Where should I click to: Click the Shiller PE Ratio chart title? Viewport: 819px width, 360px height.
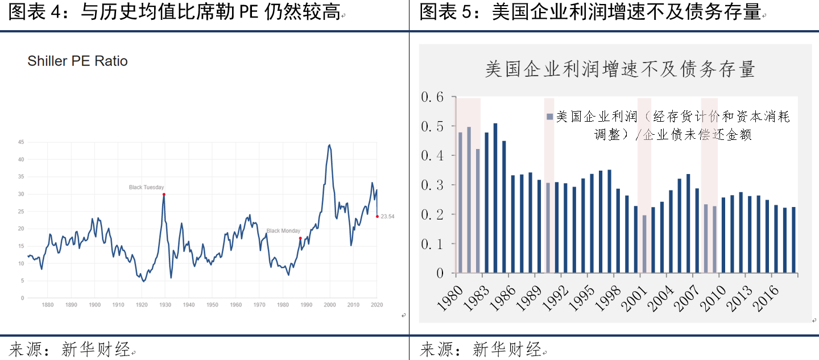coord(77,61)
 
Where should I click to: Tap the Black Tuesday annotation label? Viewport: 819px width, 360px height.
coord(146,187)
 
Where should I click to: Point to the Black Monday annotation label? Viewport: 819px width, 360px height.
coord(283,231)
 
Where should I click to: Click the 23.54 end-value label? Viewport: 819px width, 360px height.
coord(387,216)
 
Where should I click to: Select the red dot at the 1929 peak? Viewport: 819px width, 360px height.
coord(164,195)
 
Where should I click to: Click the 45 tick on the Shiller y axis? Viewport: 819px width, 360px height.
coord(22,142)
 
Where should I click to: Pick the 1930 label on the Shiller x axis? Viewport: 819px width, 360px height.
coord(165,305)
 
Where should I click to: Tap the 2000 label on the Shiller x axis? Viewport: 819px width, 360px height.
coord(329,305)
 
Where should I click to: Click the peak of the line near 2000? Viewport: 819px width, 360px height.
coord(329,145)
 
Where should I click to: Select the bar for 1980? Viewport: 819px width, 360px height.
coord(460,202)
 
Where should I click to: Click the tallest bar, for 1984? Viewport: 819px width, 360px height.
coord(495,198)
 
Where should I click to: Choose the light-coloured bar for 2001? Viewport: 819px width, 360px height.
coord(644,244)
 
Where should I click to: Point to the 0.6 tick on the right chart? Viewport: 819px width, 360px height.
coord(432,97)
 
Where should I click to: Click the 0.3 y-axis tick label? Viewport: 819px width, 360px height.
coord(432,185)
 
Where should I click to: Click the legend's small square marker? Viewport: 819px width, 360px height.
coord(549,117)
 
